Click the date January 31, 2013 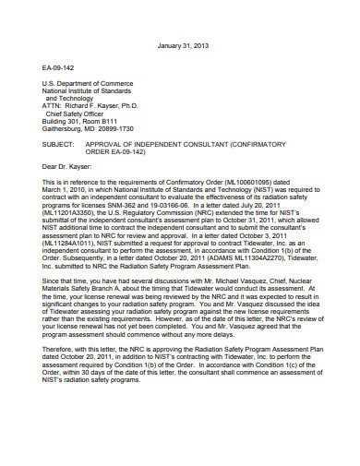185,44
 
